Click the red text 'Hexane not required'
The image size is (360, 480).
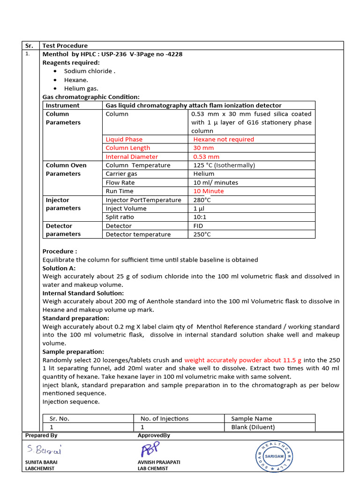pos(224,139)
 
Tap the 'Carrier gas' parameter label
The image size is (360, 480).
pos(121,174)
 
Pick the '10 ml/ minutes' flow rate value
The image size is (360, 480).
pos(216,182)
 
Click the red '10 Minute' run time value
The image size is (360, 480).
pos(209,191)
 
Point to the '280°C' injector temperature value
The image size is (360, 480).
pos(202,200)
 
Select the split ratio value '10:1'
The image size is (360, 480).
pos(200,217)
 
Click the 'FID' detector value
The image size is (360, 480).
pos(198,226)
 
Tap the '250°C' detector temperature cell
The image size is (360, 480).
pos(202,234)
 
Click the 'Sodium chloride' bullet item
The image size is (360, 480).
pos(89,71)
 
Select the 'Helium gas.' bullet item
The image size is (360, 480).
pos(81,89)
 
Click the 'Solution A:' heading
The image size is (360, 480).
pos(59,268)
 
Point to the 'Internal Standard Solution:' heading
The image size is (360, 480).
pos(83,293)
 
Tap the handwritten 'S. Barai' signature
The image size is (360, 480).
pos(44,450)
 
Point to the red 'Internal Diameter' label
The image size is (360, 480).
pos(132,157)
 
